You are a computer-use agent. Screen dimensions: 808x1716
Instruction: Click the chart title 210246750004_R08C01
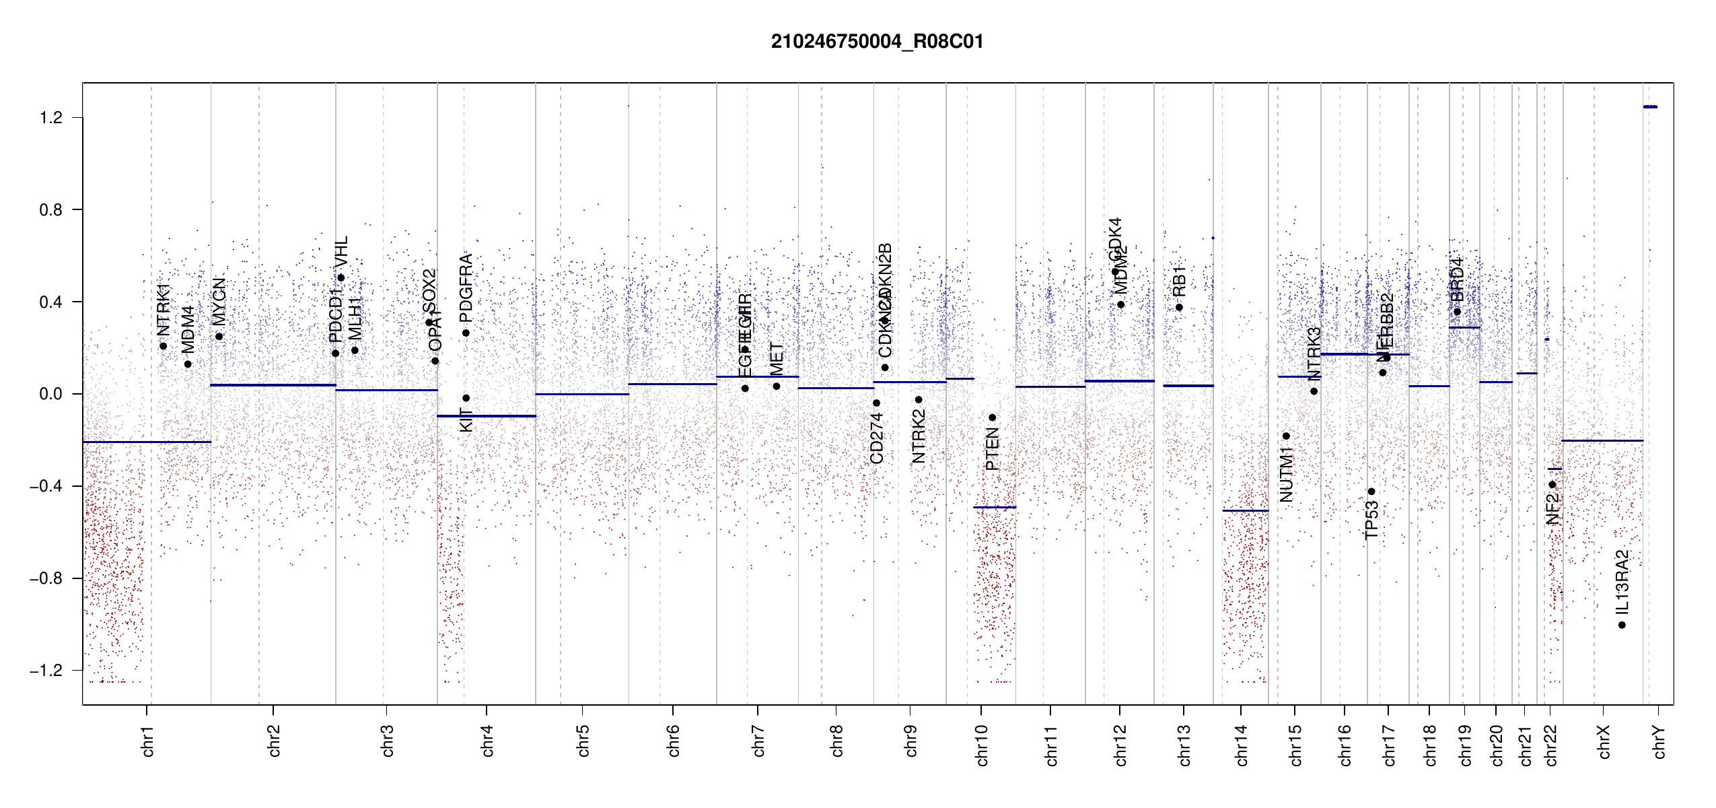point(877,42)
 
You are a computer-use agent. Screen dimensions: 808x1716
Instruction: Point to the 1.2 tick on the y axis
point(50,118)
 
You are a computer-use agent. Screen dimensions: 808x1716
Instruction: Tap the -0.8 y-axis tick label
point(46,578)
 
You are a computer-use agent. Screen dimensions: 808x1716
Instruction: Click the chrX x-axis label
point(1604,741)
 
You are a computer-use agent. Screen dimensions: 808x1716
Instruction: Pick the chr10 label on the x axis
point(982,745)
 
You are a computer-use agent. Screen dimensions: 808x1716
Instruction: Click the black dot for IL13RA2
point(1622,625)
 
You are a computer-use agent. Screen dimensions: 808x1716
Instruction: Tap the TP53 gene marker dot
point(1371,492)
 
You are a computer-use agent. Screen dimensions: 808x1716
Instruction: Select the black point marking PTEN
point(992,417)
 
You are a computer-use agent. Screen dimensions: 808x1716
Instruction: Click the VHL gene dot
point(341,277)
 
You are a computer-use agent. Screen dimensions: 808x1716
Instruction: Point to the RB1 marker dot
point(1179,308)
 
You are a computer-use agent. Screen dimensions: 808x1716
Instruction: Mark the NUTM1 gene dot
point(1286,436)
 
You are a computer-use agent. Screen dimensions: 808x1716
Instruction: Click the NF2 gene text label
point(1552,509)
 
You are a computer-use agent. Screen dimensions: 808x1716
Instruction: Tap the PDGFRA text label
point(466,288)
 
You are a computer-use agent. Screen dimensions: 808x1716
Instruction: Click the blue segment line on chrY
point(1650,106)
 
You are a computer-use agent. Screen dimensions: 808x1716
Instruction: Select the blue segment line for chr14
point(1245,510)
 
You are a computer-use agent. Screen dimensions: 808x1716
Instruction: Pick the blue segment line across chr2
point(273,385)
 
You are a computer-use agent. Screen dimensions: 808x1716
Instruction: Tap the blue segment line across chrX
point(1602,440)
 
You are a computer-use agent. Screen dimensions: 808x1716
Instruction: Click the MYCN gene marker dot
point(219,337)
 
